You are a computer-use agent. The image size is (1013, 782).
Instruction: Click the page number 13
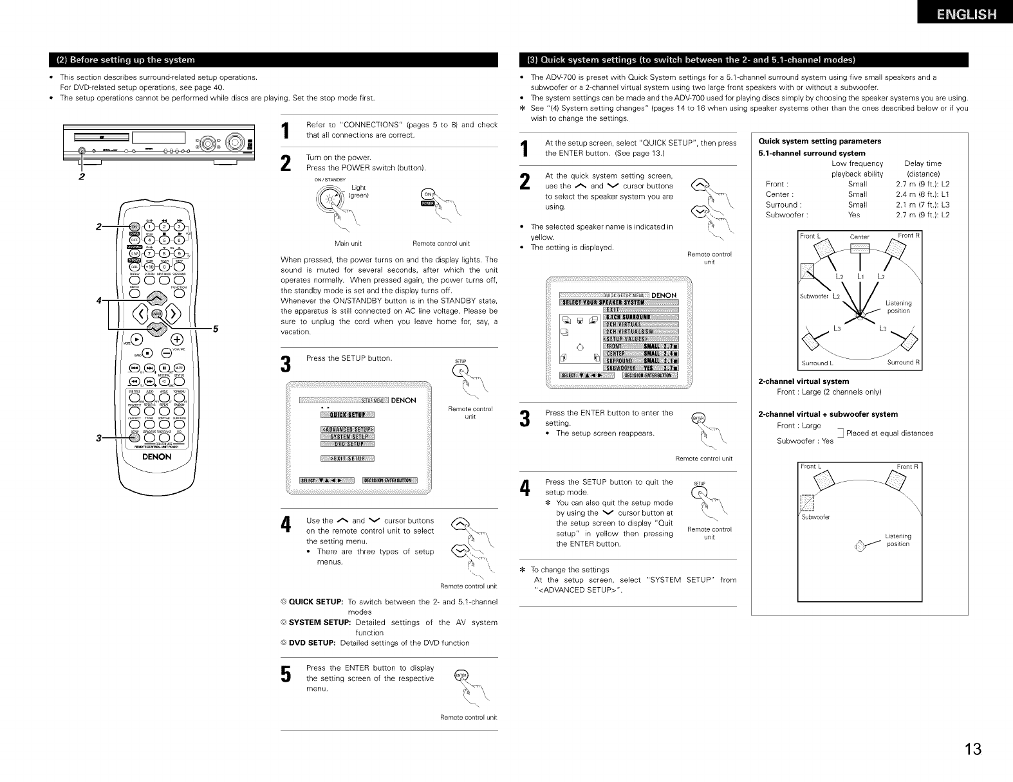click(973, 749)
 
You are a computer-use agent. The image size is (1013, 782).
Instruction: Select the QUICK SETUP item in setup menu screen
click(348, 414)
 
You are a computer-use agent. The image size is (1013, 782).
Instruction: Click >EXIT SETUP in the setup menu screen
click(348, 459)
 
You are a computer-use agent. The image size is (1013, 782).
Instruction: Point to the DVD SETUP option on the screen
click(348, 444)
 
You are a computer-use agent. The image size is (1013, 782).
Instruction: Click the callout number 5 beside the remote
click(216, 329)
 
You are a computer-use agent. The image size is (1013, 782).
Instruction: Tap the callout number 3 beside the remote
click(98, 438)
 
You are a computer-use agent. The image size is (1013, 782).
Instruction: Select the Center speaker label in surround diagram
click(859, 237)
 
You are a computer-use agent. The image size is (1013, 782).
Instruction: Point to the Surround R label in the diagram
click(904, 363)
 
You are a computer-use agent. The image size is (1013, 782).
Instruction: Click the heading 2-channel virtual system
click(804, 381)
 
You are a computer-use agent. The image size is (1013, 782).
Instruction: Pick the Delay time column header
click(922, 163)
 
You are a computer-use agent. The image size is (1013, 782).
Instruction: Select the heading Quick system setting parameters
click(820, 141)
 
